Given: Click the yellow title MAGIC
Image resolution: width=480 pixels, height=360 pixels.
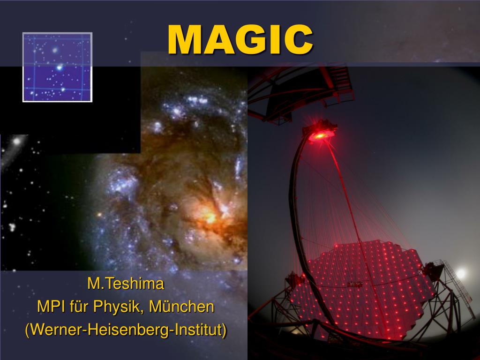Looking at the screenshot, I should [x=240, y=40].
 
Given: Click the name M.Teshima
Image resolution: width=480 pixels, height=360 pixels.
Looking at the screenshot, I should [x=126, y=284].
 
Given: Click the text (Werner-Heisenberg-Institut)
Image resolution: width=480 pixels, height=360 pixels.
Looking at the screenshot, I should [x=126, y=330].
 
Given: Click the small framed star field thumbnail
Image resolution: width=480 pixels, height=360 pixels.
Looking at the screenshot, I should [x=57, y=67].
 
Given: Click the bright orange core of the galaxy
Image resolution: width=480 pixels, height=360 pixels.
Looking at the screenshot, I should [x=209, y=217].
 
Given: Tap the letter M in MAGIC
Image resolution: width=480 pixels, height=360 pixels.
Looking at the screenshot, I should [x=184, y=40].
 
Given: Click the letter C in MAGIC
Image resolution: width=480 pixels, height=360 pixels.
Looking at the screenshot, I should [x=299, y=40].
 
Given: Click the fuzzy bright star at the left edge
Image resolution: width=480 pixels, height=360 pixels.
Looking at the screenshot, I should [x=17, y=141].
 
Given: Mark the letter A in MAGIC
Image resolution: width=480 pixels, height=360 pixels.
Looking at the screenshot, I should [x=217, y=40].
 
